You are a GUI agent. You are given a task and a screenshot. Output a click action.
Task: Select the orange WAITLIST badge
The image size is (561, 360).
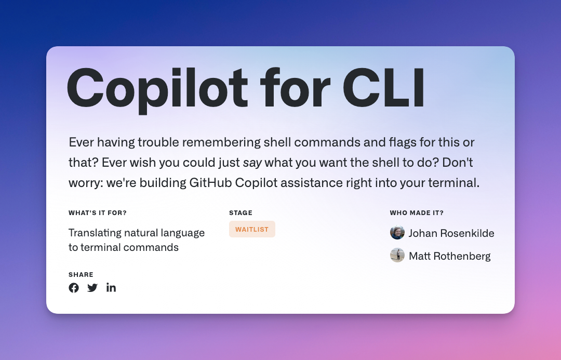(252, 229)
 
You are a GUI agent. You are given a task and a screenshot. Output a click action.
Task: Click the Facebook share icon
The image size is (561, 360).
(74, 288)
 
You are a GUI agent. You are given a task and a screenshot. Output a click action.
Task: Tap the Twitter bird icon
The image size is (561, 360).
(92, 288)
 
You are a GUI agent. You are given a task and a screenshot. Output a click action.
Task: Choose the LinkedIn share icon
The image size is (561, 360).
(111, 288)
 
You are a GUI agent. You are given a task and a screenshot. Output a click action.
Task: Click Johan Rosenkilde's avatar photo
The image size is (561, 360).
(397, 233)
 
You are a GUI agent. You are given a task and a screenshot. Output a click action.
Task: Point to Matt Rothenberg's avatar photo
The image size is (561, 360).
(397, 256)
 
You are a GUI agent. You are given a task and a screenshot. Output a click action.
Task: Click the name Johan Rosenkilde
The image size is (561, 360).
(451, 233)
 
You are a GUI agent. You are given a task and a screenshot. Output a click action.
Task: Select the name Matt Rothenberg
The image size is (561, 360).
(449, 256)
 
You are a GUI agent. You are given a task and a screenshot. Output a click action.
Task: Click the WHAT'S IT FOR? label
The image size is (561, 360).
(98, 213)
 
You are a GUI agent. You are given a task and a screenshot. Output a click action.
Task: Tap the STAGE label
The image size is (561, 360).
(241, 213)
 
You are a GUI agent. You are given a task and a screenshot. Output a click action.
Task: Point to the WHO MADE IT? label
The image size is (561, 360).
(417, 213)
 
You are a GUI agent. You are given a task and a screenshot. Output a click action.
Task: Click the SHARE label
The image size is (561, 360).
(81, 275)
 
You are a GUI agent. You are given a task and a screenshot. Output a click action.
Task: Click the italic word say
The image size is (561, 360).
(253, 163)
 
